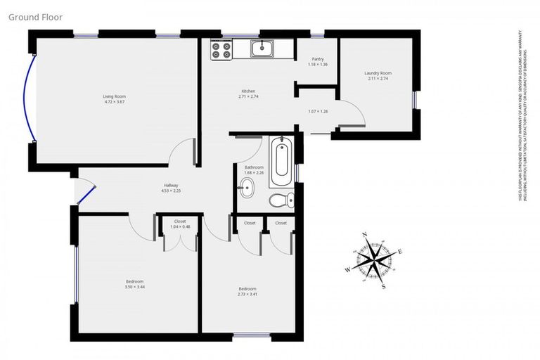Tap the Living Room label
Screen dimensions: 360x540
[114, 96]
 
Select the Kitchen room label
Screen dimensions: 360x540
[248, 91]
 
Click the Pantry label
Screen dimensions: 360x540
[317, 60]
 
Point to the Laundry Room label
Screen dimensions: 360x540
[378, 73]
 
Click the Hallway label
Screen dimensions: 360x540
[171, 185]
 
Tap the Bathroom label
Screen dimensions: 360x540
[254, 167]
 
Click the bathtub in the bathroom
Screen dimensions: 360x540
[281, 159]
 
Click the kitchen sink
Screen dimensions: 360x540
[263, 48]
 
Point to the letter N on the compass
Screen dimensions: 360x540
[364, 235]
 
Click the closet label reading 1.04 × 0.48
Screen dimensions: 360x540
[180, 226]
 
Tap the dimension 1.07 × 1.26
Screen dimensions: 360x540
[318, 111]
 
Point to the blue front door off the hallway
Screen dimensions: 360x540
[86, 193]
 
